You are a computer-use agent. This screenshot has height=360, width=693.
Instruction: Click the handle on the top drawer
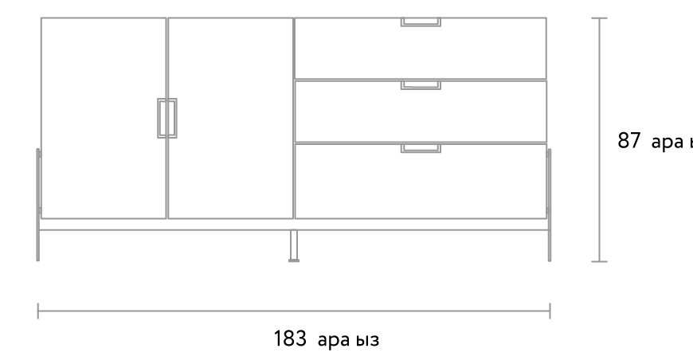421,22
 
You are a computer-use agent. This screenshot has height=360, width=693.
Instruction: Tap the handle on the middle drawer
421,85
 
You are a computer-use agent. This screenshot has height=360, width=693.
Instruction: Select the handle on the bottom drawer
421,148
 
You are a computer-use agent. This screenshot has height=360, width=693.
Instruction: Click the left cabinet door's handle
162,118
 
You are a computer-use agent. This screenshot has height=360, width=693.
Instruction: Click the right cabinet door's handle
172,118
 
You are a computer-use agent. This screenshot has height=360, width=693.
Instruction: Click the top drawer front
421,52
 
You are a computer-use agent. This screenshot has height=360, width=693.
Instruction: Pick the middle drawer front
421,113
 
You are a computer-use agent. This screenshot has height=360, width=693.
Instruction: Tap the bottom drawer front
421,183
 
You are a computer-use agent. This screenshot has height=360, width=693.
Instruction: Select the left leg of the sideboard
38,205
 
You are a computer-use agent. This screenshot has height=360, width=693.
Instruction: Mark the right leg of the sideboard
550,205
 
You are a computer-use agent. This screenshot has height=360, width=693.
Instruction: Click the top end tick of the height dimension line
599,18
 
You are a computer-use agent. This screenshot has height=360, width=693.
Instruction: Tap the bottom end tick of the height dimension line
599,261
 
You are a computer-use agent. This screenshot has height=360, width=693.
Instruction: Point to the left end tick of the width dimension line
37,311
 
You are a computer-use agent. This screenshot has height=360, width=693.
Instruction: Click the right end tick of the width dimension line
550,311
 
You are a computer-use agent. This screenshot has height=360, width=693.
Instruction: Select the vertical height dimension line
599,139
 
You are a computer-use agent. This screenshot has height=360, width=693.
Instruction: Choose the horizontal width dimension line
294,311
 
